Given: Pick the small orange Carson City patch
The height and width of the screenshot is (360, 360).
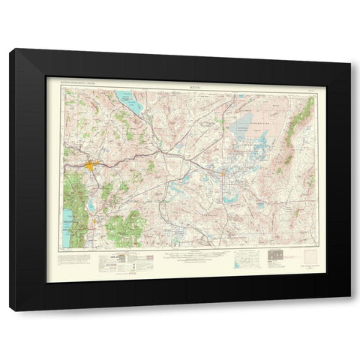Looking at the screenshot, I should coord(91,223).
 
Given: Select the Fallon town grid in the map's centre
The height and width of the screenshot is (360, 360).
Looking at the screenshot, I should coord(223,175).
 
